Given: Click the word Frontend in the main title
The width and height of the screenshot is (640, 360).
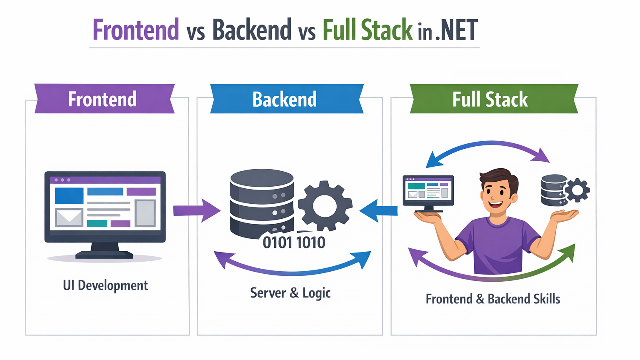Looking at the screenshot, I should point(135,30).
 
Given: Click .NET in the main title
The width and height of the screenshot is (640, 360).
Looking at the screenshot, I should point(457,30).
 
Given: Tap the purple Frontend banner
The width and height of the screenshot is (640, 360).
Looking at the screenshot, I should point(102,99).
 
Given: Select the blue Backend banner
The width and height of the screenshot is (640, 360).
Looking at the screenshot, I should point(285,99).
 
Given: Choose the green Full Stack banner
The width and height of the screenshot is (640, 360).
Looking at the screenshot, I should point(490,99).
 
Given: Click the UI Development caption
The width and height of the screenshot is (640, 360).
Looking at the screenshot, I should point(105,285).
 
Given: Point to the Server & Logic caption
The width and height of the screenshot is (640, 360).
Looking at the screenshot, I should point(290,293).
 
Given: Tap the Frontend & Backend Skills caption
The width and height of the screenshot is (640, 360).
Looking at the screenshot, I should point(492,299).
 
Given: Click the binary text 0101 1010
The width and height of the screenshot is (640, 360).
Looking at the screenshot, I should point(294,242).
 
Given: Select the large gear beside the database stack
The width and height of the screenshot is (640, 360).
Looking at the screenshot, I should point(325,205).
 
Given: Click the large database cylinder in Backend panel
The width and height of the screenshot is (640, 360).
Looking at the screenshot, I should point(262,202).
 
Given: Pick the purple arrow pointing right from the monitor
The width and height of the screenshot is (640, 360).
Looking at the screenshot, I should point(196,210).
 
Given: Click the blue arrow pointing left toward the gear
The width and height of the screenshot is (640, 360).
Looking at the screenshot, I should point(378,210).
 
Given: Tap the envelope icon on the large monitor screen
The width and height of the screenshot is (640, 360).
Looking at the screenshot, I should point(69,217).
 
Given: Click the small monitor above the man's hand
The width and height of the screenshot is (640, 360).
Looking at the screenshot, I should point(428,191).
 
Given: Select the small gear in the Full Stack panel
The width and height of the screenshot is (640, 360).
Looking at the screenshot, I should point(577,190).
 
